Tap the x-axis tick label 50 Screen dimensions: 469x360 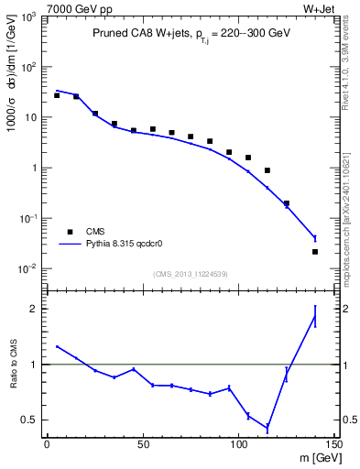[x=143, y=443]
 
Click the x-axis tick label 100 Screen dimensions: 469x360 [x=238, y=443]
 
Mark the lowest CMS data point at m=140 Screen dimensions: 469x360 [x=315, y=252]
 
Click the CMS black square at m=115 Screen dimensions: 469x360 [x=267, y=170]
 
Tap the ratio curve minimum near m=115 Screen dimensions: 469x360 [x=267, y=428]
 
